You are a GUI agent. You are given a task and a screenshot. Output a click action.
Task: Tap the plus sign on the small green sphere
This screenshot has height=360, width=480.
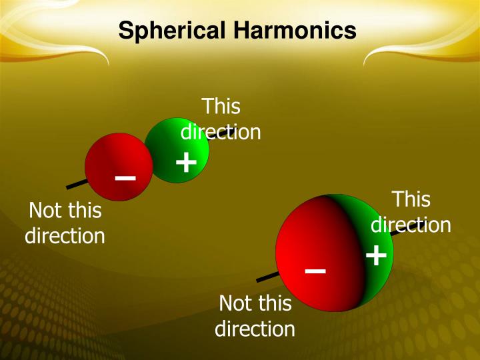[x=186, y=162]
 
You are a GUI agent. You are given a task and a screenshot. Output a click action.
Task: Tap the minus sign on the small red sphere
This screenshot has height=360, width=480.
[x=125, y=178]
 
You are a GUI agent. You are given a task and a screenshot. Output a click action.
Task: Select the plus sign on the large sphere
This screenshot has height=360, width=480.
[x=377, y=255]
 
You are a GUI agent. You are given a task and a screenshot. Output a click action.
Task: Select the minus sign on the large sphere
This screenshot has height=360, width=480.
[x=315, y=271]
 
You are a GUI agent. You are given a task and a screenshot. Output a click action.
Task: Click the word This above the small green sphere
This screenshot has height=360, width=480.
[x=221, y=107]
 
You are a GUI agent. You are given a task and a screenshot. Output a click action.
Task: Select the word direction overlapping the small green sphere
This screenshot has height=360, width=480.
[x=221, y=132]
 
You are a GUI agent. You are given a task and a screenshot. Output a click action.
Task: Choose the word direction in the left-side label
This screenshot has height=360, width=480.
[x=65, y=236]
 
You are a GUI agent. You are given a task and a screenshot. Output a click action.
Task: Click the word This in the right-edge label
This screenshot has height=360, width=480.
[x=411, y=199]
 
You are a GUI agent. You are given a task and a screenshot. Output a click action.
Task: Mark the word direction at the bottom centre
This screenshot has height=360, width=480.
[x=255, y=329]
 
